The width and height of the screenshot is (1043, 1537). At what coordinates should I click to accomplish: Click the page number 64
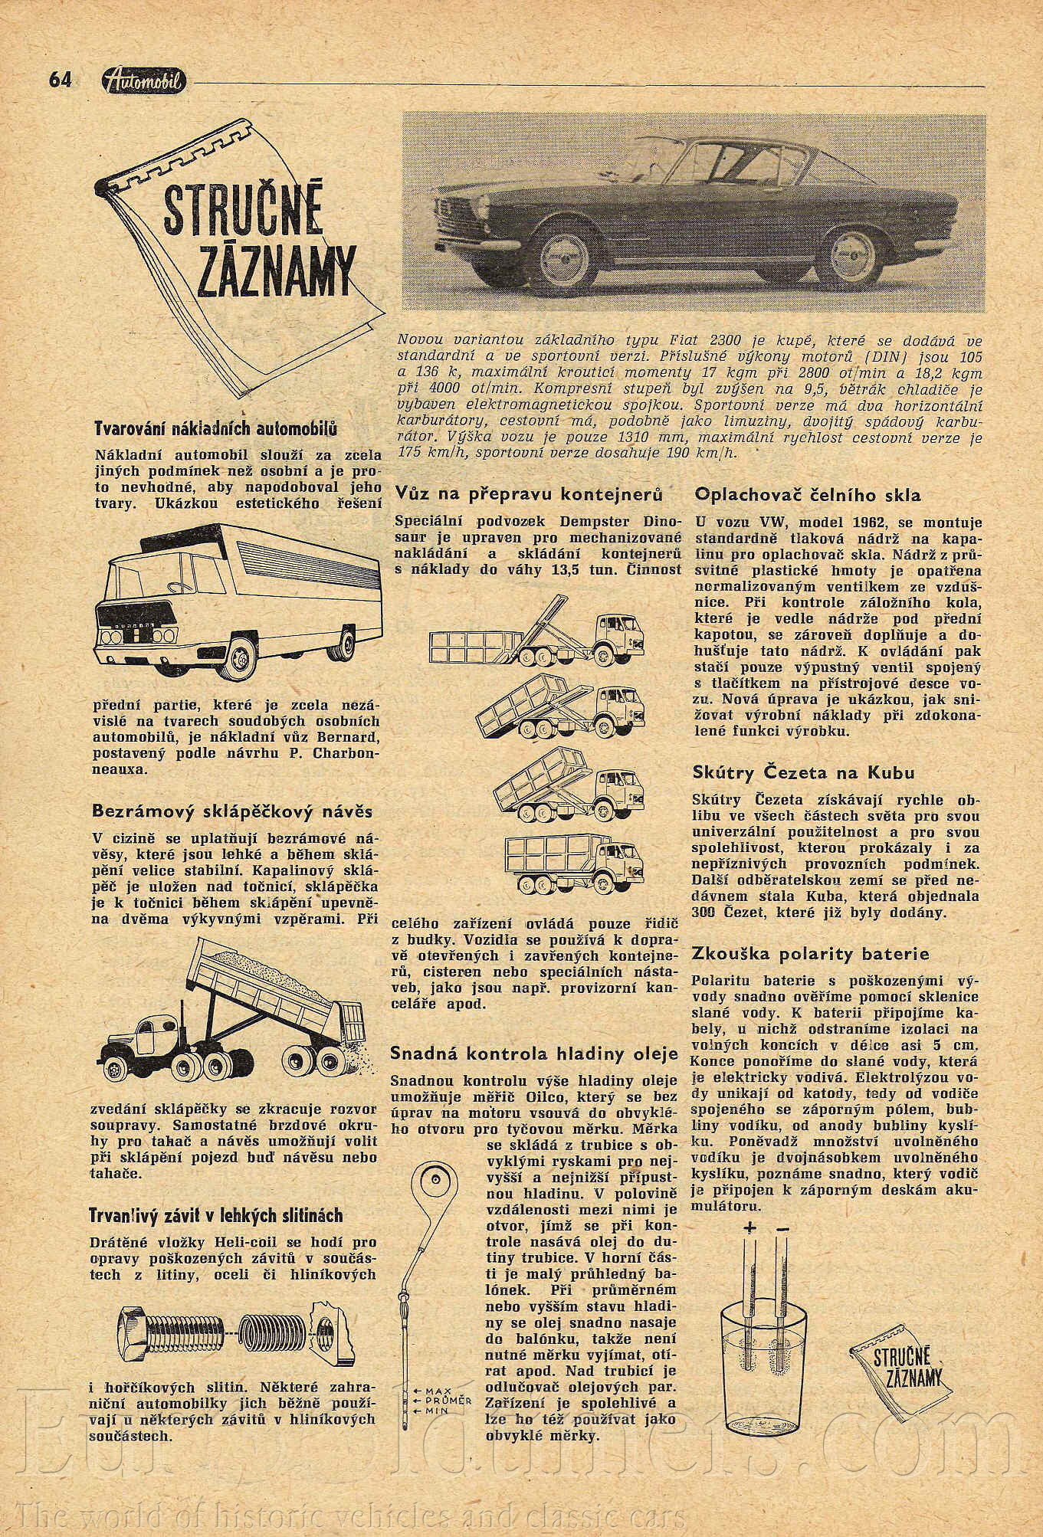pos(59,79)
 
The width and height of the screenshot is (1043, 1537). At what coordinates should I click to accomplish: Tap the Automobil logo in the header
pos(143,79)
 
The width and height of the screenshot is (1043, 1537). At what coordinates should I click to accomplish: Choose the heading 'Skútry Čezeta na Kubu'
pos(804,773)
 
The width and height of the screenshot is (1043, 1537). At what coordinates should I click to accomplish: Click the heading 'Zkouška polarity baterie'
pos(810,954)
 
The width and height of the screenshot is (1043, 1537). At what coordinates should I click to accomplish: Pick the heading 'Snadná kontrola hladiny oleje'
pos(534,1054)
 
